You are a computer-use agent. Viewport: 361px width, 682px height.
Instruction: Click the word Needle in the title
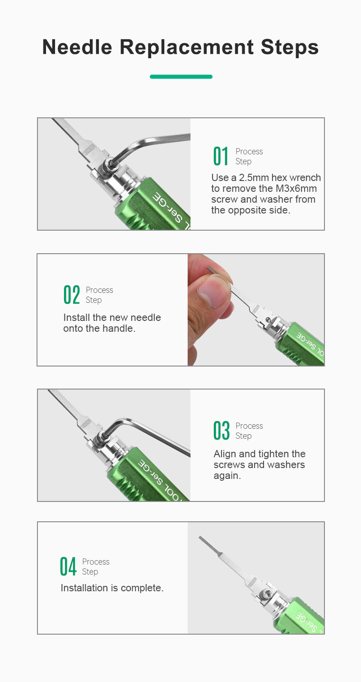coord(77,47)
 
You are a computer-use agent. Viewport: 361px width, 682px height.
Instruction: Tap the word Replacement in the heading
coord(186,47)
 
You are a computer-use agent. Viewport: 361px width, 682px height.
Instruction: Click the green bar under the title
coord(181,77)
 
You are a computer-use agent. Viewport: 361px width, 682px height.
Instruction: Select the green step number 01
coord(221,156)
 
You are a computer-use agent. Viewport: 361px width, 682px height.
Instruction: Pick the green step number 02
coord(72,295)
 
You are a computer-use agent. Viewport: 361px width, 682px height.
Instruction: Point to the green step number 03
coord(221,431)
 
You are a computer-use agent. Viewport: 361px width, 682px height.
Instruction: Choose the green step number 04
coord(68,566)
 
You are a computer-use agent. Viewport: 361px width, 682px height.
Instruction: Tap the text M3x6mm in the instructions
coord(296,189)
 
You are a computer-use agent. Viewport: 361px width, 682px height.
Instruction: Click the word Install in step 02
coord(77,318)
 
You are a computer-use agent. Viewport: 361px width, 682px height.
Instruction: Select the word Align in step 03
coord(225,454)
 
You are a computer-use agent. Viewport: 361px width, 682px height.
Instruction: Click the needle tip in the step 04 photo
coord(199,538)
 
